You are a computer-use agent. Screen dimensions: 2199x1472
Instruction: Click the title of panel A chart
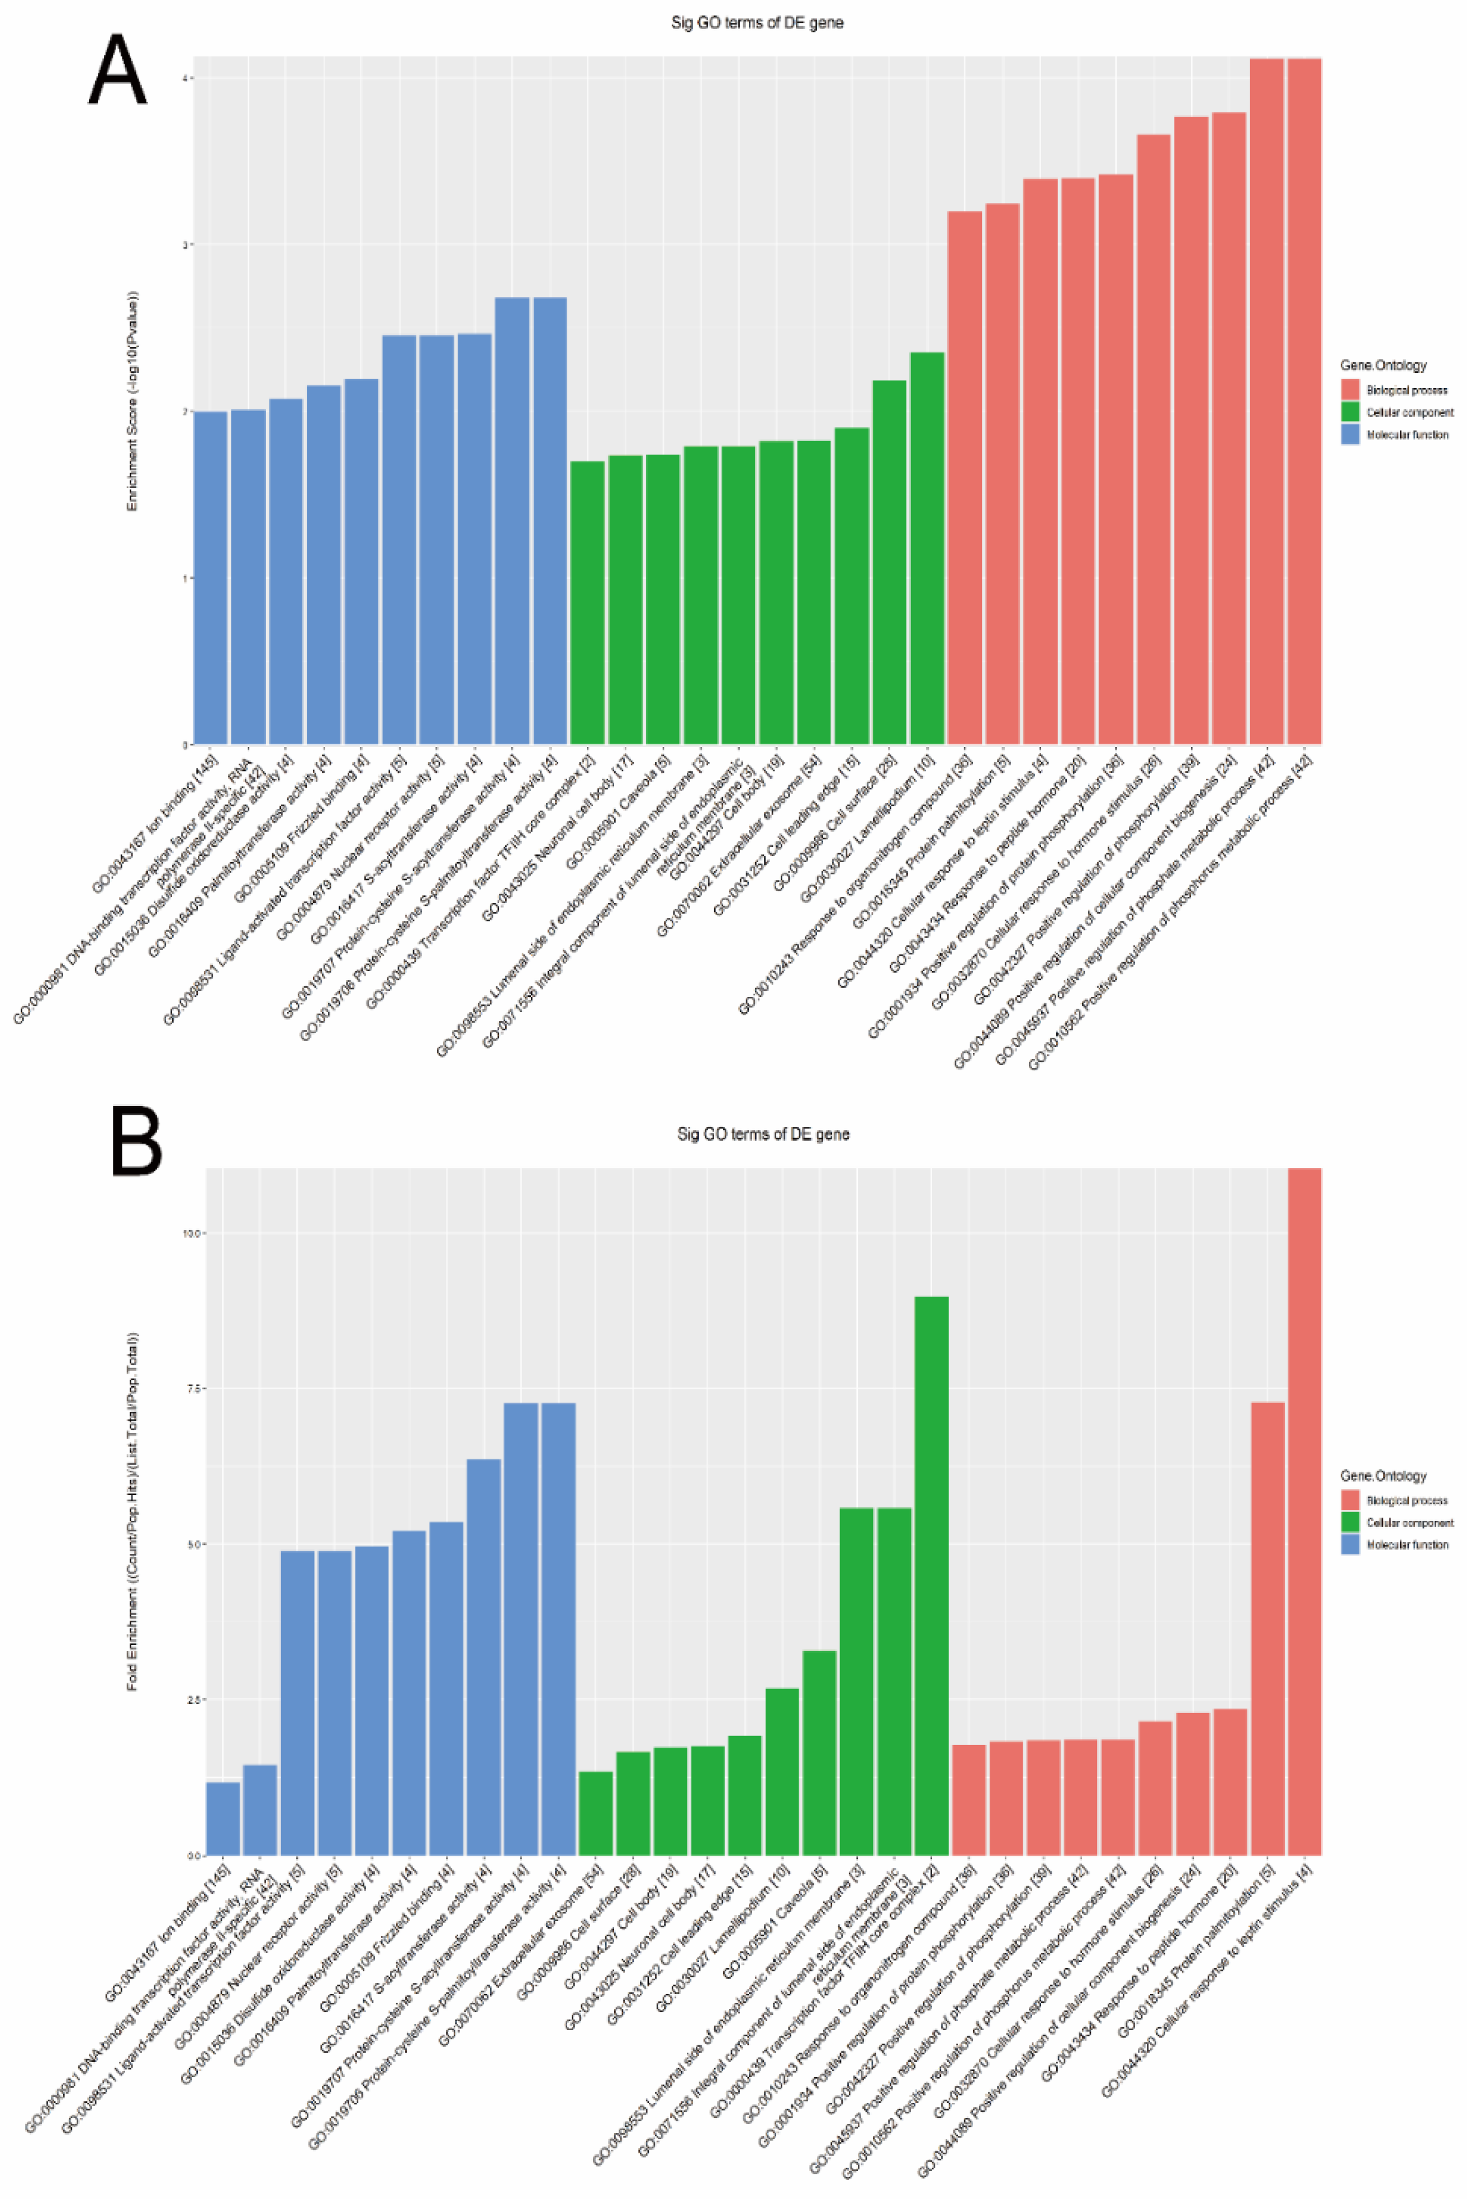(757, 22)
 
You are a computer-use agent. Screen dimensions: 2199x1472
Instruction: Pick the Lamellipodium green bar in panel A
(927, 549)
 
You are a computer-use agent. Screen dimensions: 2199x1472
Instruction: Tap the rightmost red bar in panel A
(1304, 404)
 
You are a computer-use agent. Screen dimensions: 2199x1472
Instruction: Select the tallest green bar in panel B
(930, 1577)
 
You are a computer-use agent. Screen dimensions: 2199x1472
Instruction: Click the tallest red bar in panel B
(1304, 1512)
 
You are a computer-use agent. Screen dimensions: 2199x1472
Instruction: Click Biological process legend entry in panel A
(1405, 390)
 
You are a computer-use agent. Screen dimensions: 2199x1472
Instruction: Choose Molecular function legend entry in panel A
(1406, 435)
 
